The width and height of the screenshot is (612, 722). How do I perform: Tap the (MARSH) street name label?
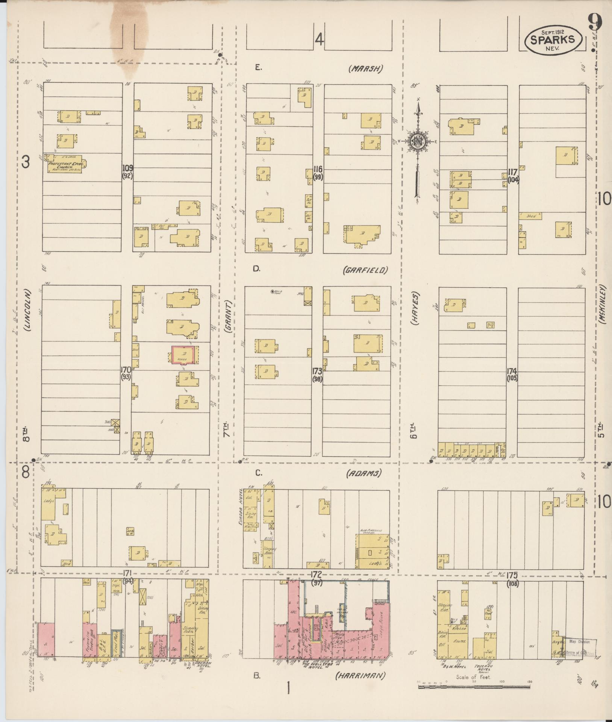365,68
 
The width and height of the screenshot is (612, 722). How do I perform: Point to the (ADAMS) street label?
364,473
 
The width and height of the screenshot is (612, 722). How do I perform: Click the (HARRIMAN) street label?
360,676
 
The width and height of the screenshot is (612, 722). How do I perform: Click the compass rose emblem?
418,141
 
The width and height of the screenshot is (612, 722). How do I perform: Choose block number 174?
512,371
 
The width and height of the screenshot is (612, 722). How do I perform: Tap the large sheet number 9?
595,23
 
